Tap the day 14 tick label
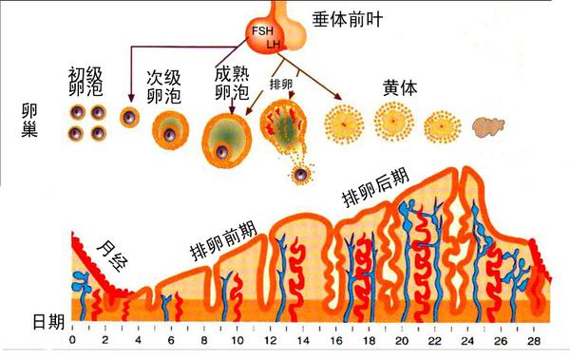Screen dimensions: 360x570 (x=303, y=341)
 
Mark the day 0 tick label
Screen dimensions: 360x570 (x=73, y=341)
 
